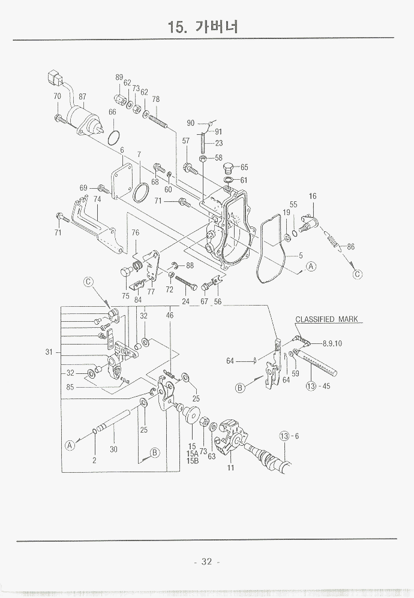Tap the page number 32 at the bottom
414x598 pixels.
207,561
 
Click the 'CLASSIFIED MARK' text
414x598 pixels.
326,319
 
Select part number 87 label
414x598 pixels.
82,96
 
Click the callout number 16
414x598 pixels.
313,197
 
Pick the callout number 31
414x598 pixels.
49,352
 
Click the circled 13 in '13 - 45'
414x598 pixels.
311,386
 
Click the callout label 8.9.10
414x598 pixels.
332,343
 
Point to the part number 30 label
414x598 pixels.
113,449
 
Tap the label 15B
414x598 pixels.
192,461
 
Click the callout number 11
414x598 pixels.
230,468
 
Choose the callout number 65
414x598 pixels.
244,168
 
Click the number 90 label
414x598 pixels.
191,123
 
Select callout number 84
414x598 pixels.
138,300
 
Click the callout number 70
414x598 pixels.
57,96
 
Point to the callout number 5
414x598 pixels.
301,256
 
